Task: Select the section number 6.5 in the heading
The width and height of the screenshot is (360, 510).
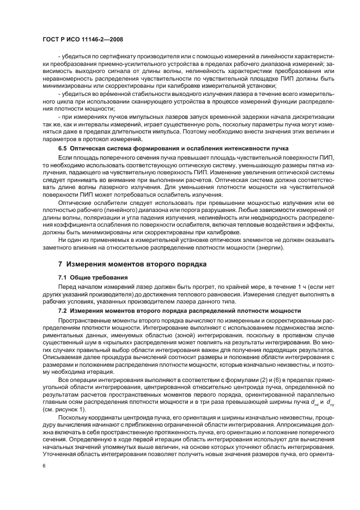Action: (x=63, y=149)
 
